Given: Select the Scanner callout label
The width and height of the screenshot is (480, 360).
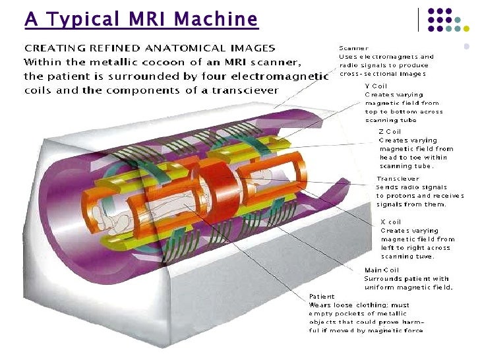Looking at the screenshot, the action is (x=353, y=48).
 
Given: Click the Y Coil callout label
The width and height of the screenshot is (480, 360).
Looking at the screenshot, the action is (x=376, y=86).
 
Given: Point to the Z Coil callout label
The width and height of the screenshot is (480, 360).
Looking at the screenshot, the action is (x=390, y=131).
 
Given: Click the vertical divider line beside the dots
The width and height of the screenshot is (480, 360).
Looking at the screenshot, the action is (x=419, y=19).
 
